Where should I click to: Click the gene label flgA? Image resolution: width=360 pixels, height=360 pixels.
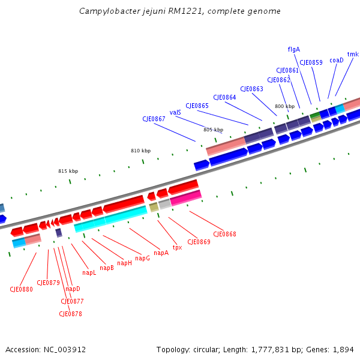[294, 49]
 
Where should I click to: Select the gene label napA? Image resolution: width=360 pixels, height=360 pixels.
[161, 253]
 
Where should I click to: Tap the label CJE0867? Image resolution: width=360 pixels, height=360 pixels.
[154, 119]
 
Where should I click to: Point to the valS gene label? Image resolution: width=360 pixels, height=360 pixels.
[175, 112]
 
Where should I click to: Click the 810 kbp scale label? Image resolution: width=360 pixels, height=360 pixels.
[140, 151]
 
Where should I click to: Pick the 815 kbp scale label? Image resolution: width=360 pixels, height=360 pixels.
[68, 171]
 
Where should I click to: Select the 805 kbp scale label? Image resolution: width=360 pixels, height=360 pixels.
[213, 130]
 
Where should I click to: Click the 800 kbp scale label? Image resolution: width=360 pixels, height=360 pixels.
[284, 106]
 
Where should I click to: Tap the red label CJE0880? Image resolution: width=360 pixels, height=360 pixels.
[21, 289]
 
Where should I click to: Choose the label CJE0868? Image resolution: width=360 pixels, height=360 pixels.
[225, 234]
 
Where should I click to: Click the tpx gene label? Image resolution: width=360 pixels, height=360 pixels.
[177, 247]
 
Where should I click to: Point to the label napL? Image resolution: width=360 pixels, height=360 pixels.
[89, 272]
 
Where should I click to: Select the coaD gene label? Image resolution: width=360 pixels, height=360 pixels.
[336, 60]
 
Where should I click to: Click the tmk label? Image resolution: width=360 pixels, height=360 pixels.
[353, 54]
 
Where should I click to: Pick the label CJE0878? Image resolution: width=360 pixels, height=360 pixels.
[70, 314]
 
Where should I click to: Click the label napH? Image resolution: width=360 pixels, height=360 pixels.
[124, 263]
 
